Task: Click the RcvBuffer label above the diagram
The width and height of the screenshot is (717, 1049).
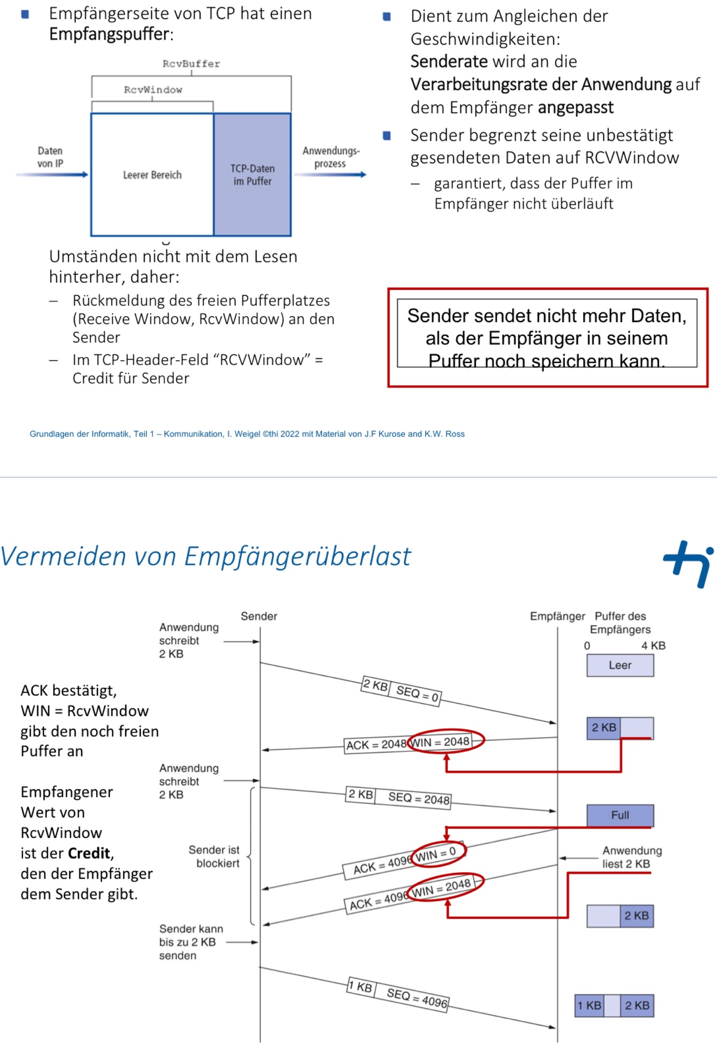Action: click(x=191, y=64)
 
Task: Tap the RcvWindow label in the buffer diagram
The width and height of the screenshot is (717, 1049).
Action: click(x=153, y=90)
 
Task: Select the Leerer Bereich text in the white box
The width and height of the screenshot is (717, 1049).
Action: click(x=152, y=175)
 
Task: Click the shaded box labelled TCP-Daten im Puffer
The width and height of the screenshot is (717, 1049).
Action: click(x=252, y=175)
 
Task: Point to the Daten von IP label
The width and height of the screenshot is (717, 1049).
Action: click(x=50, y=157)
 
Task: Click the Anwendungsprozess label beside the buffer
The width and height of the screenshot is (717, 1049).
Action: click(x=331, y=157)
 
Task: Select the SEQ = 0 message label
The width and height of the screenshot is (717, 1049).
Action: click(x=417, y=693)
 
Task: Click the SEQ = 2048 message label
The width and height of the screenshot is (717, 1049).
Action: click(x=419, y=798)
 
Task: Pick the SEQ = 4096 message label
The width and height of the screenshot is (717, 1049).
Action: click(x=417, y=998)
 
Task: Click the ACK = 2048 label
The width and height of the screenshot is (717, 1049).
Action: click(x=376, y=745)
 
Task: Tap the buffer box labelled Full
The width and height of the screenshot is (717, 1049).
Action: click(x=620, y=815)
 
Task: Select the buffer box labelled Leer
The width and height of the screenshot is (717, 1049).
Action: click(x=620, y=666)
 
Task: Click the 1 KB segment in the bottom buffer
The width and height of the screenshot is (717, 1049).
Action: click(x=589, y=1005)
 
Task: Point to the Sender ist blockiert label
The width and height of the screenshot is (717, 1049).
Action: click(x=214, y=857)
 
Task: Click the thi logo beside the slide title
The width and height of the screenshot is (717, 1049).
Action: click(x=689, y=563)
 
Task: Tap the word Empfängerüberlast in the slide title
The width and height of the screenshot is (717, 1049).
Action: click(x=297, y=556)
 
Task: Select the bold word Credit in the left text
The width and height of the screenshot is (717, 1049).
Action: click(x=89, y=853)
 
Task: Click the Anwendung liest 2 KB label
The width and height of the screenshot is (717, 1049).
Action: click(x=632, y=857)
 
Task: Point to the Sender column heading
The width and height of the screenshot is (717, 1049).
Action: click(x=259, y=616)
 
